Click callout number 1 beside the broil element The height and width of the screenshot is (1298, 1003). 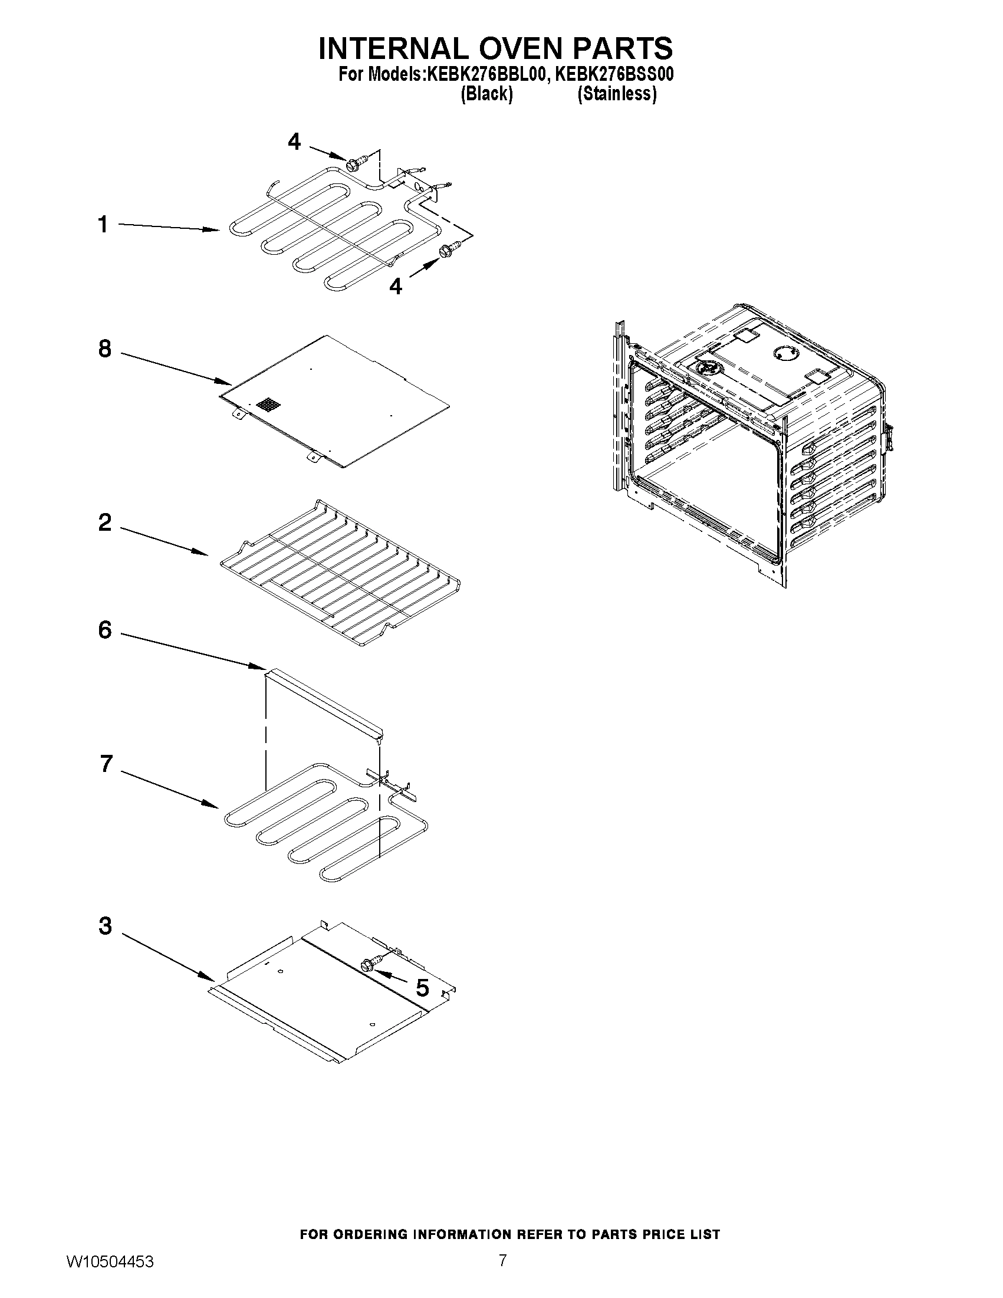tap(103, 225)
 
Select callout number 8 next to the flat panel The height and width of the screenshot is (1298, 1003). tap(104, 349)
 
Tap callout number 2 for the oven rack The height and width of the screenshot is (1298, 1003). tap(104, 523)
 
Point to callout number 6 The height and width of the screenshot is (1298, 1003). tap(104, 630)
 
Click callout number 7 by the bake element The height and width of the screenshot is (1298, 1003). tap(106, 764)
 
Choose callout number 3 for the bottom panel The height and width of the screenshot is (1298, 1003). tap(105, 926)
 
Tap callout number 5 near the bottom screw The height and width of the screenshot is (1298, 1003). tap(422, 988)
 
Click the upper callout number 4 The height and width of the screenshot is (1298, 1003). tap(294, 142)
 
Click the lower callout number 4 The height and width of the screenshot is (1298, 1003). tap(396, 287)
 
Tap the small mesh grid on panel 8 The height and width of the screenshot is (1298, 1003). tap(268, 406)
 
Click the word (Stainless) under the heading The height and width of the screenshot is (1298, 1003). tap(617, 94)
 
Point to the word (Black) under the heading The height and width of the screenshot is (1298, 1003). tap(486, 94)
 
